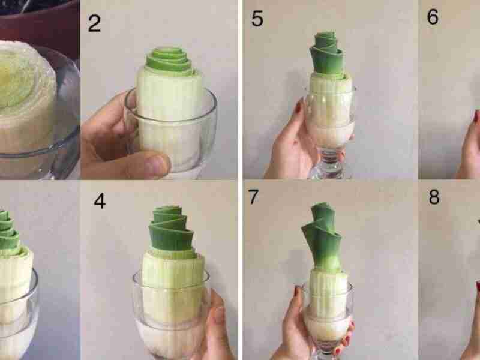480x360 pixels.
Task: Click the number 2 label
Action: pos(94,23)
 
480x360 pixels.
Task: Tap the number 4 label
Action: pos(100,201)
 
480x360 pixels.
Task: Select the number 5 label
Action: pos(257,18)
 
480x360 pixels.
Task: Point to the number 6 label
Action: pos(433,17)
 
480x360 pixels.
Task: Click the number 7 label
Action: pos(253,197)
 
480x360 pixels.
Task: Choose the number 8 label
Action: pos(434,197)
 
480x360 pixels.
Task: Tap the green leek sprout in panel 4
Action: pos(171,230)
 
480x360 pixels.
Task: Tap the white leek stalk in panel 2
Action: pos(169,113)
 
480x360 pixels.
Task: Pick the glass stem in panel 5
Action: pos(331,162)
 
